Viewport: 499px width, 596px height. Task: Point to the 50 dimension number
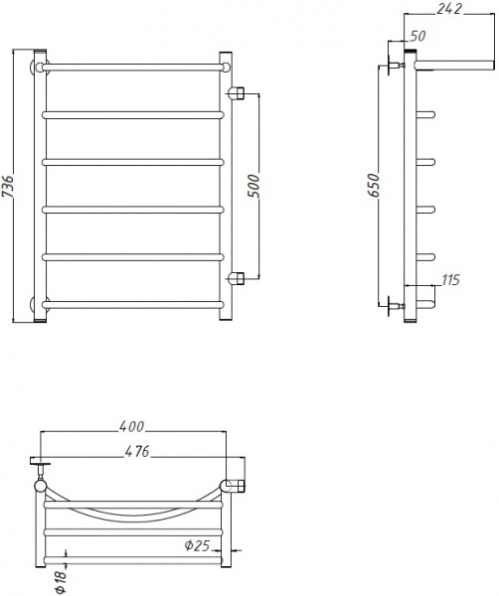(417, 36)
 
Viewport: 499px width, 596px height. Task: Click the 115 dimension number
(449, 280)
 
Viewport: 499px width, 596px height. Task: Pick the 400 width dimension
(132, 427)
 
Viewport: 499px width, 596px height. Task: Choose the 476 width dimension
(137, 452)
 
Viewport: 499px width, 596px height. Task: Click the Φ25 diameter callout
(195, 544)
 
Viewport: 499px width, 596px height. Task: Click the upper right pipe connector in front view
(237, 93)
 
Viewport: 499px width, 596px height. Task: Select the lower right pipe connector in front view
(237, 276)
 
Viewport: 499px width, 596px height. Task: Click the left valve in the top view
(40, 467)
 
